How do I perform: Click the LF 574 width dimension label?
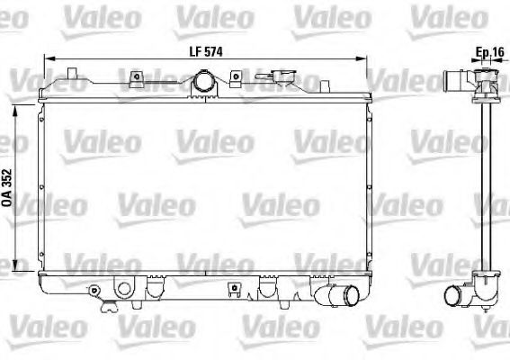[205, 52]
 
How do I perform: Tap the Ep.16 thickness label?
[488, 52]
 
